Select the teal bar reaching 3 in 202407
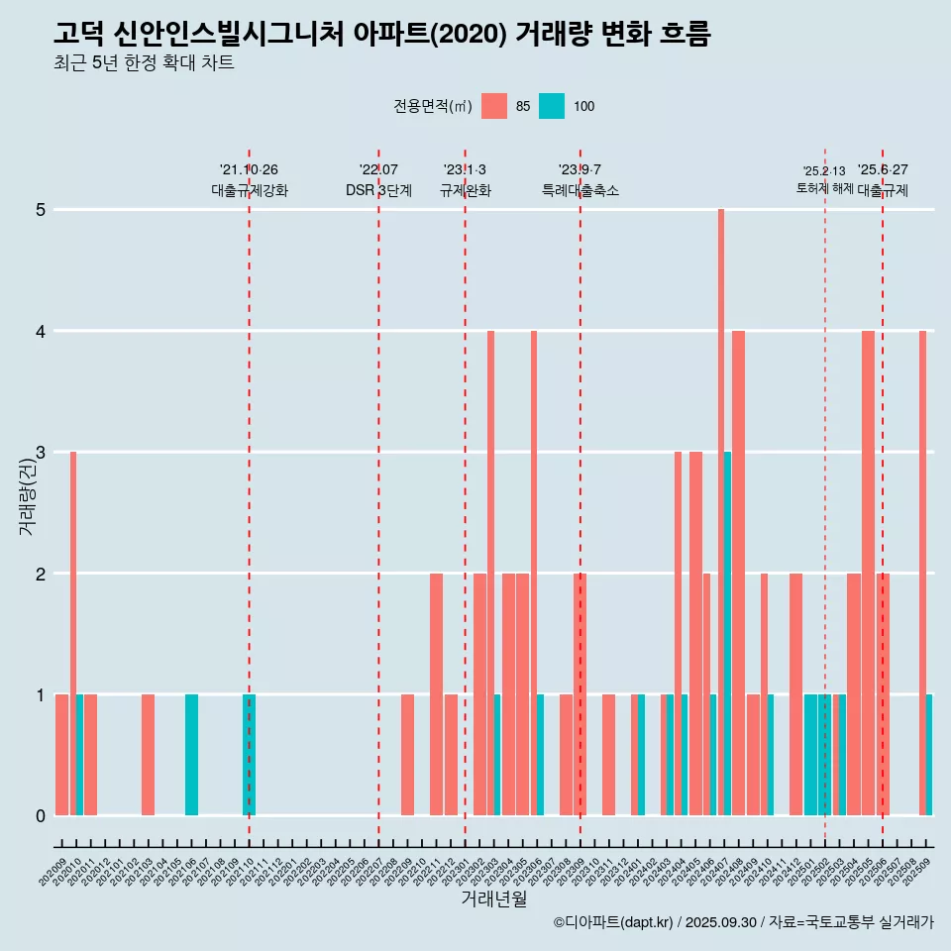point(728,634)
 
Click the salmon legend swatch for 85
point(494,107)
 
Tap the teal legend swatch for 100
point(552,107)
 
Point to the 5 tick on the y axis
point(42,210)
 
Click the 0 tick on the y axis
point(42,816)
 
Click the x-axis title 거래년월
point(493,899)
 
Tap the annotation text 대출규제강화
point(250,190)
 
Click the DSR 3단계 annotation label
point(378,190)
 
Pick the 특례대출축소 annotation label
point(581,190)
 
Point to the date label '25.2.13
point(824,171)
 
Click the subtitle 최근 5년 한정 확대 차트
point(145,63)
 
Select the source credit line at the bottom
point(743,922)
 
